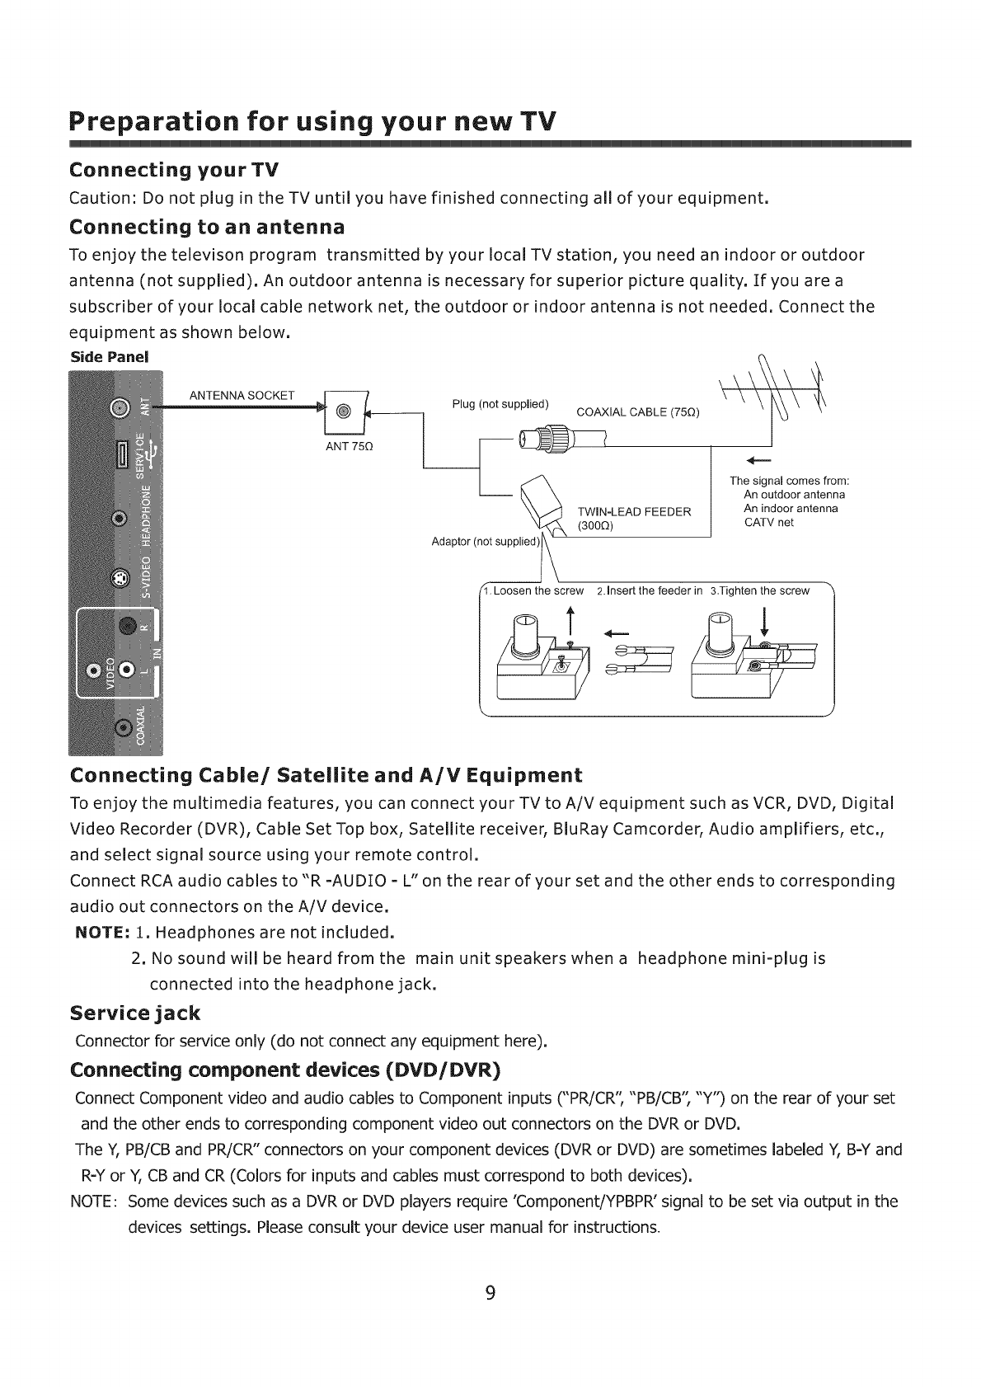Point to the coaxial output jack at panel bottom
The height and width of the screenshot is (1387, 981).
point(122,726)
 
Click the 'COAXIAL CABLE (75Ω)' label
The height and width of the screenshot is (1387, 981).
point(637,412)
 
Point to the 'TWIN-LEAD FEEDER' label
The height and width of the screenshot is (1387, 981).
point(633,511)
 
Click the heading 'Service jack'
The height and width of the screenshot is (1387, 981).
point(135,1012)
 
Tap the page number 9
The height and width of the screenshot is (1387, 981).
point(490,1293)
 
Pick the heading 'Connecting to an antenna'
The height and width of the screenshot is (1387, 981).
point(207,226)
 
